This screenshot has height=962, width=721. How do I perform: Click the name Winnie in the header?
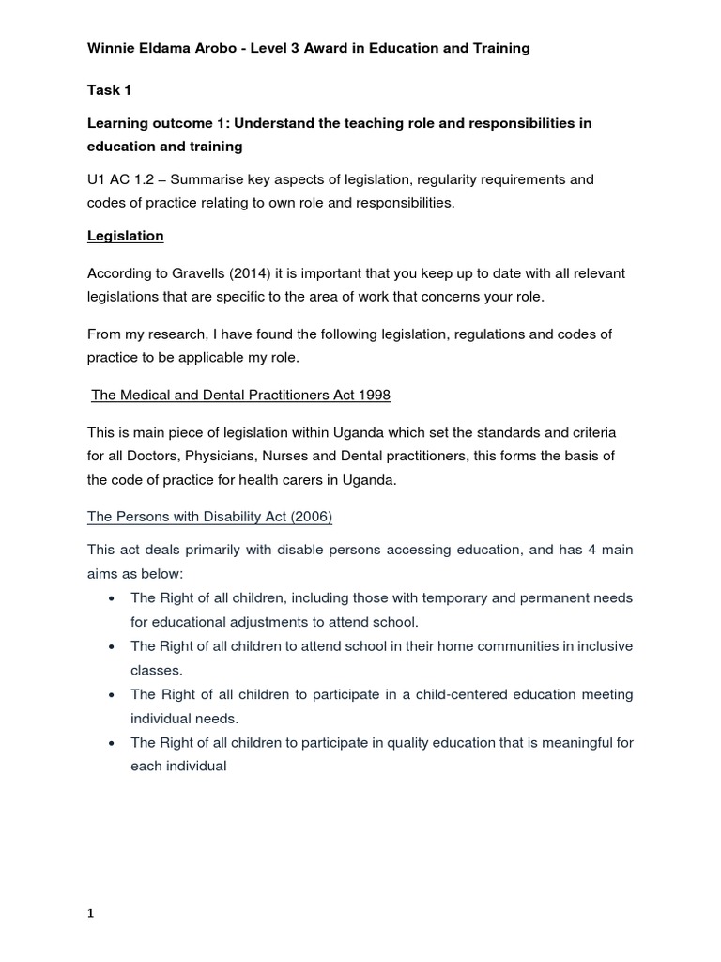[x=112, y=48]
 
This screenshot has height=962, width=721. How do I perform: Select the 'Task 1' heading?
[x=103, y=90]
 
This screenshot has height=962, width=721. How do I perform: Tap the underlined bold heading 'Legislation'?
[x=125, y=236]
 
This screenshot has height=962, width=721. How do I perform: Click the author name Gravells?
[x=196, y=273]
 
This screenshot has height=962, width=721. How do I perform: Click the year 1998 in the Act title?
[x=373, y=396]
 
